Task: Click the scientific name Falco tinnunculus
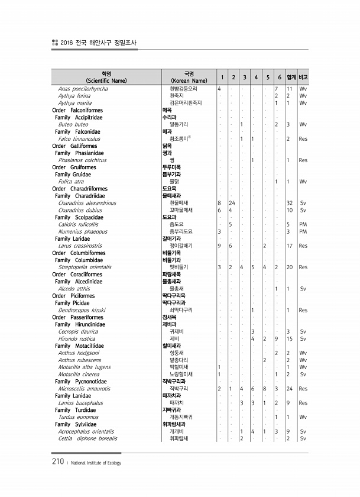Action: [x=79, y=138]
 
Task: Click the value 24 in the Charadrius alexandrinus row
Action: [x=232, y=202]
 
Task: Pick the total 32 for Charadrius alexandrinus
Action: [x=290, y=202]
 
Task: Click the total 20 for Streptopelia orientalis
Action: [x=290, y=267]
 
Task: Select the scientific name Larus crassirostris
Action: [x=80, y=246]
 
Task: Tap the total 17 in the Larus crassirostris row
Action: [x=290, y=246]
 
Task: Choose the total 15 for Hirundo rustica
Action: [x=290, y=338]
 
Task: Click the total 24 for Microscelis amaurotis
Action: [x=290, y=388]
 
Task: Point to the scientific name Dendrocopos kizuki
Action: [x=82, y=309]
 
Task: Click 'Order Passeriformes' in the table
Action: [x=77, y=317]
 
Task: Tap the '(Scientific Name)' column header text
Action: [x=106, y=80]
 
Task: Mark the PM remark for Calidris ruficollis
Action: [x=303, y=224]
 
